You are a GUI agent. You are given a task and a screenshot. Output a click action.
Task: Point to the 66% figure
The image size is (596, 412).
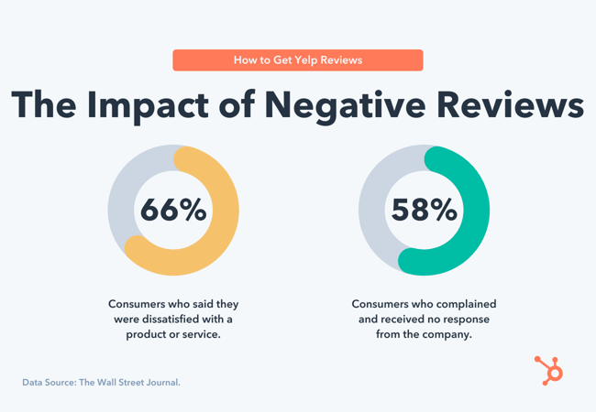click(x=173, y=211)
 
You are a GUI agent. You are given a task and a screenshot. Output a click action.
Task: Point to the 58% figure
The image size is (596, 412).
click(x=424, y=211)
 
